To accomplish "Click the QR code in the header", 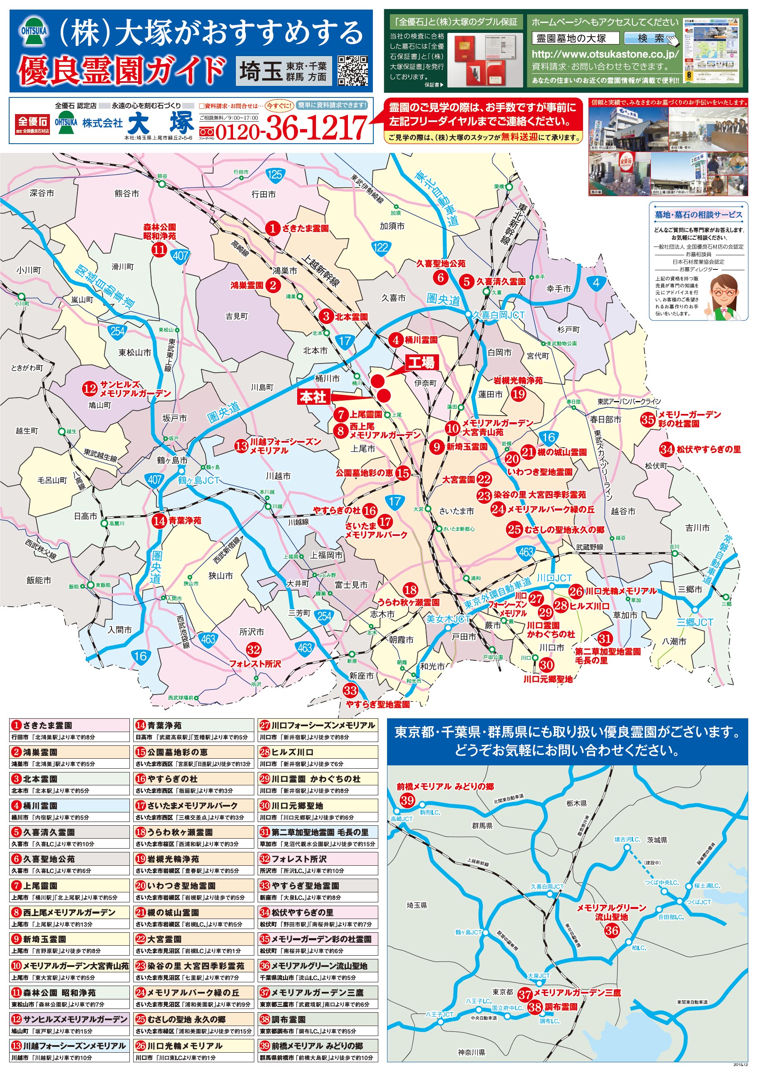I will [352, 70].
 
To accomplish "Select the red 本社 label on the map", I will [313, 396].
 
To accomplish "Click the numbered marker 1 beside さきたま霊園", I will [272, 228].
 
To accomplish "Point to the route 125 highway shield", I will [275, 174].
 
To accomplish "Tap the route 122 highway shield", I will [380, 247].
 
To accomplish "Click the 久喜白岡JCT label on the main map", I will [499, 315].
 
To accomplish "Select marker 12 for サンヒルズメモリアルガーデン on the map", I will [89, 388].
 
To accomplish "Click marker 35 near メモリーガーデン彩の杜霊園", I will [647, 419].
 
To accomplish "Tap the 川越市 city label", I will [278, 476].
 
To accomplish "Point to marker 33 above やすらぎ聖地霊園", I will [350, 690].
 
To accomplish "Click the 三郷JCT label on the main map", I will [695, 622].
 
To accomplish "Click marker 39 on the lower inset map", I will [407, 800].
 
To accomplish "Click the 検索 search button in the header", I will [650, 38].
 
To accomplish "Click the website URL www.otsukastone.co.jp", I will [605, 54].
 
